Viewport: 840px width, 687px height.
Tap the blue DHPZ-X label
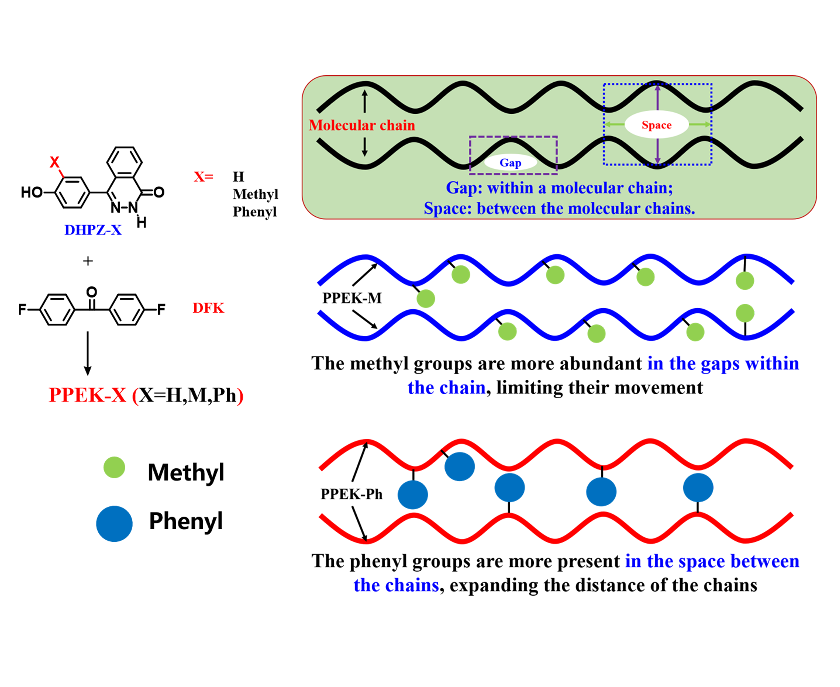click(x=93, y=230)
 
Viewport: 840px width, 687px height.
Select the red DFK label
click(x=208, y=308)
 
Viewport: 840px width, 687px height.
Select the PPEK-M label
click(x=352, y=298)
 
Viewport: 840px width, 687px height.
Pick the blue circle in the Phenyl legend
click(x=114, y=523)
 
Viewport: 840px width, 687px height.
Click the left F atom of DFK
click(x=22, y=309)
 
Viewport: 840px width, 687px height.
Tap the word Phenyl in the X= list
click(x=255, y=212)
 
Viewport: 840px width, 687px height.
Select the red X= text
click(x=203, y=176)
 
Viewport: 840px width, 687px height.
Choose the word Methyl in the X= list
click(x=255, y=194)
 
